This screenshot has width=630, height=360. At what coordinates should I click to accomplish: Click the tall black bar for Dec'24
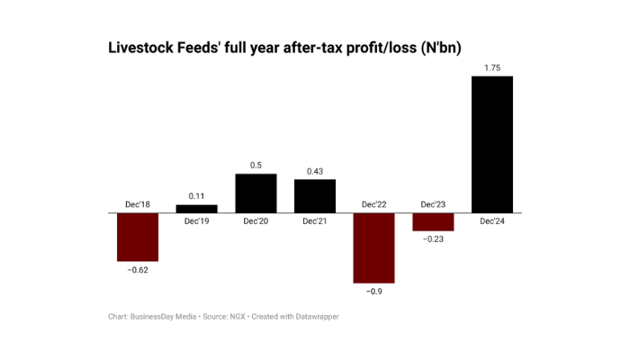[492, 144]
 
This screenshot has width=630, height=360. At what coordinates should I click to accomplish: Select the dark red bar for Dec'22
[373, 247]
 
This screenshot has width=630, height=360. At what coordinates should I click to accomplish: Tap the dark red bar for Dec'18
[137, 237]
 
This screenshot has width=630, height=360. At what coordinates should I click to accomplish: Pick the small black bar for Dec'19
[196, 209]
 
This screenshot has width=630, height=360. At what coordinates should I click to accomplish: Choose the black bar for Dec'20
[256, 193]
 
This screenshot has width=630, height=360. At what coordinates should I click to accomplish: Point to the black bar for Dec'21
[314, 195]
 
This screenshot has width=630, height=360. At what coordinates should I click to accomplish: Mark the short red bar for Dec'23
[433, 221]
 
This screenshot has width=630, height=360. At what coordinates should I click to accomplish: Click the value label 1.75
[492, 67]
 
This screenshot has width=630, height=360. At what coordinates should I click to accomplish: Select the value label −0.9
[373, 291]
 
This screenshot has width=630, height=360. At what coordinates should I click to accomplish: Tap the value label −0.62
[137, 270]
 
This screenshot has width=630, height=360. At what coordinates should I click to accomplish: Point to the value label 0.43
[314, 170]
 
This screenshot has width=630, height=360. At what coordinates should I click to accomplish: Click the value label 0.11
[196, 195]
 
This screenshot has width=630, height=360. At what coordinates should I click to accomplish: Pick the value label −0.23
[433, 239]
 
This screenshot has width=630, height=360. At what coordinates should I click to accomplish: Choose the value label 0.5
[256, 165]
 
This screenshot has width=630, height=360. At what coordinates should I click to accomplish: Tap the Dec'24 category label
[492, 221]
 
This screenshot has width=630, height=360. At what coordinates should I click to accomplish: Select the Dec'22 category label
[373, 204]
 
